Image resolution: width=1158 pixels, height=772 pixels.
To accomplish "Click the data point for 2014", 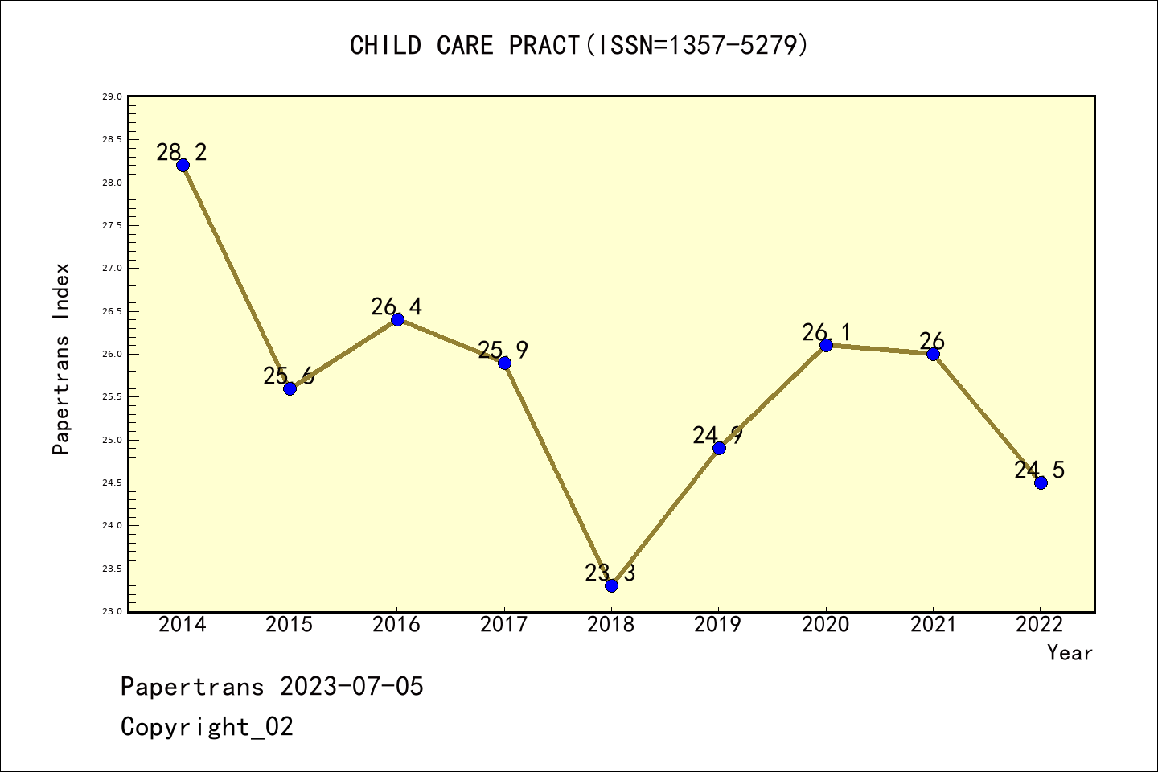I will (x=183, y=165).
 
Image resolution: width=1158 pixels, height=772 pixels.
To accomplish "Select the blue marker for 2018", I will (x=611, y=585).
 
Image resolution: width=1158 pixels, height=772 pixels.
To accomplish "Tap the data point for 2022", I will (x=1041, y=482).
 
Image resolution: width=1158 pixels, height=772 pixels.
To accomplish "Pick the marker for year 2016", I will (x=397, y=319).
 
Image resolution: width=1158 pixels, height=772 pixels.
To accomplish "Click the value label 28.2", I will (x=182, y=152).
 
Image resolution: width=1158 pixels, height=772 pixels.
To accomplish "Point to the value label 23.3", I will (x=610, y=573).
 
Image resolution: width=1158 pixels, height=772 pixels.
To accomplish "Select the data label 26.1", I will (x=826, y=332).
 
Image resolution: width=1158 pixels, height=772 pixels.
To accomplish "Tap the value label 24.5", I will (x=1039, y=470).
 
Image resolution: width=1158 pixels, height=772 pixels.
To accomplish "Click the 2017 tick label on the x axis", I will (x=504, y=625).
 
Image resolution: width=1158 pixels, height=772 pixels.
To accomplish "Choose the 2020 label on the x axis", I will (x=826, y=625).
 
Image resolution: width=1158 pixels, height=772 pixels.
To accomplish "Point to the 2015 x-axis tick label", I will (x=289, y=625).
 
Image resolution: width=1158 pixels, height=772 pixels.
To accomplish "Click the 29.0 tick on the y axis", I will (x=112, y=96).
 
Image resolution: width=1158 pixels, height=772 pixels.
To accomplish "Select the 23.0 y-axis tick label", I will (x=112, y=611).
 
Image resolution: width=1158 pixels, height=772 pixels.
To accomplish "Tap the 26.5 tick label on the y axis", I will (x=112, y=311).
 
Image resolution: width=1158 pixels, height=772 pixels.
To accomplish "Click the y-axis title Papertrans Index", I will (x=61, y=359).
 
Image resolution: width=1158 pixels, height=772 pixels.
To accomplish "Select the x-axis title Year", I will (x=1070, y=653).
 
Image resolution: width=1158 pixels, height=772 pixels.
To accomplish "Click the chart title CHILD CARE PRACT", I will (x=579, y=46).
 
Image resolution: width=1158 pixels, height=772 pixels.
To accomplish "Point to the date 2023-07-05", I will (x=351, y=687).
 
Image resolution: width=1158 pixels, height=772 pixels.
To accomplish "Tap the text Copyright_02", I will (x=207, y=727).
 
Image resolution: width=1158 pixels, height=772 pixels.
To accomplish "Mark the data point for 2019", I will (x=719, y=448).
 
